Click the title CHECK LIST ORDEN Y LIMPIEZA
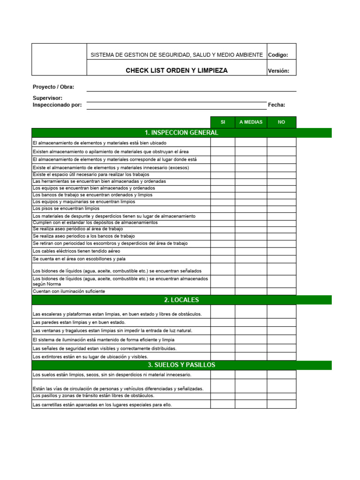177,71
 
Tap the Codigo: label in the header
278,55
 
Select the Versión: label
278,71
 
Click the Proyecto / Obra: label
53,87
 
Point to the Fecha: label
277,105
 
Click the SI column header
223,122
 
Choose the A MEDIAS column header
251,122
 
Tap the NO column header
281,122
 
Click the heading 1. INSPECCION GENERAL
181,133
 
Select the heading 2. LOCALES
181,300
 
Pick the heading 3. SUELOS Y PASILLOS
181,365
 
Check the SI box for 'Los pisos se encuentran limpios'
223,209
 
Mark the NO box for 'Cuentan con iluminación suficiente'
281,291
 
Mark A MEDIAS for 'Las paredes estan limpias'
251,322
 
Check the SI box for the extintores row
223,357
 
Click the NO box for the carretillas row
281,405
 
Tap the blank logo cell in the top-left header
59,60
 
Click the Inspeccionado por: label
57,105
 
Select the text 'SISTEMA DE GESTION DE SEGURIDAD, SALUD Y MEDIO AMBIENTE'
177,55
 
